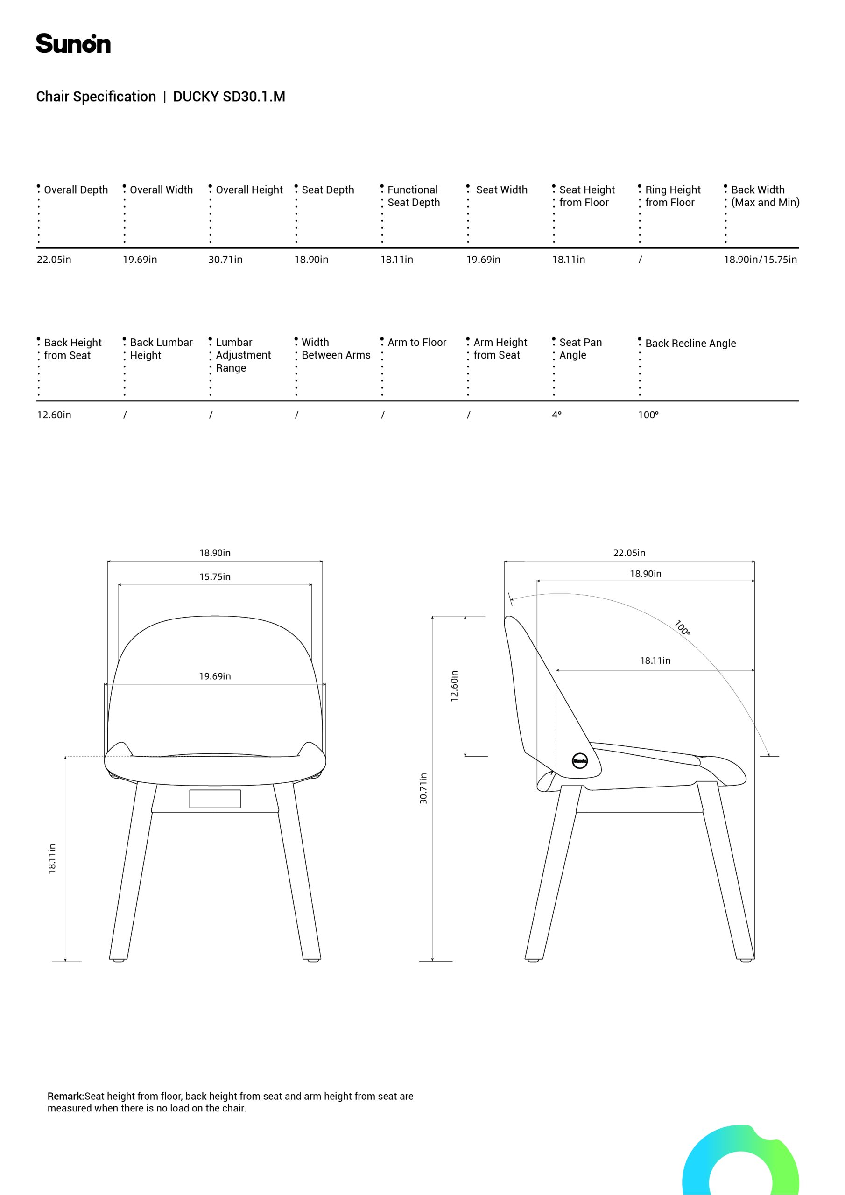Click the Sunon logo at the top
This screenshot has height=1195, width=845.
[x=73, y=44]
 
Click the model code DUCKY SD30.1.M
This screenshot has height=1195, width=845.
[x=229, y=97]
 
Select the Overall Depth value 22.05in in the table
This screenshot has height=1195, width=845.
[x=54, y=260]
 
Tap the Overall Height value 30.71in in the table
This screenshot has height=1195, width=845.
[x=225, y=260]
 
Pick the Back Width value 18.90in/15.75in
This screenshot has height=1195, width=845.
[x=760, y=260]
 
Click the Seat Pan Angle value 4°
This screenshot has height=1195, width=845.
[x=556, y=415]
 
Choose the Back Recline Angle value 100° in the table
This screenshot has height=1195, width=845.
[x=648, y=415]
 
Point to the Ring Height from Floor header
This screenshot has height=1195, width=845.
[x=672, y=196]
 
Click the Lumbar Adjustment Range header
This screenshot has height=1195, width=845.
[x=243, y=355]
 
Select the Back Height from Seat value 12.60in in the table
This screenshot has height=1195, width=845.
[x=54, y=415]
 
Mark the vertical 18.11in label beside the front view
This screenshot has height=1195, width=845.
[x=52, y=859]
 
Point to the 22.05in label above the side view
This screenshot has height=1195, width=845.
[x=629, y=553]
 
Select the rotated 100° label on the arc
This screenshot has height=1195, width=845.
[x=682, y=628]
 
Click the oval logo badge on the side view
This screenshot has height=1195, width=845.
[x=580, y=760]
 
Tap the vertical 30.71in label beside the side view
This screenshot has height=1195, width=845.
[x=423, y=788]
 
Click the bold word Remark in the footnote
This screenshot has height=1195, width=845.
[x=65, y=1096]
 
